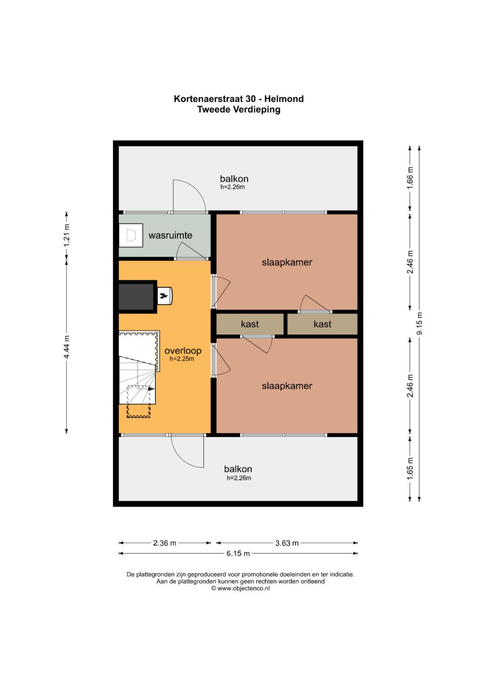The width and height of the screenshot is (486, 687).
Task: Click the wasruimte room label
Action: [170, 235]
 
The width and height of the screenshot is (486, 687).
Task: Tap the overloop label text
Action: [183, 350]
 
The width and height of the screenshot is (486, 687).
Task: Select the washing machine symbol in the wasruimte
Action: [130, 235]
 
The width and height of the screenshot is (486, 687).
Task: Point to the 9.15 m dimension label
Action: [420, 324]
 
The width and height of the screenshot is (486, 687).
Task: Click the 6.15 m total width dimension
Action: [238, 553]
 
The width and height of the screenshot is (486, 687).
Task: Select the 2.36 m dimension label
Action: [164, 543]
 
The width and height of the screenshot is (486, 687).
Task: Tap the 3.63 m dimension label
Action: [287, 543]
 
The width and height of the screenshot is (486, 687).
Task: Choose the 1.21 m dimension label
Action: [67, 235]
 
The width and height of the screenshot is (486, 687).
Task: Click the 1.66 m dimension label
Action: [410, 178]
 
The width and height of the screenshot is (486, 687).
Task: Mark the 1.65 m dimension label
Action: [410, 468]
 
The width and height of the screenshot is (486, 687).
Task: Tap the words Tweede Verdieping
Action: [238, 109]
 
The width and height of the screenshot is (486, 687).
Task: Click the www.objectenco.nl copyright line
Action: [240, 588]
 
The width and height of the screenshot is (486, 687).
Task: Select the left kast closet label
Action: [250, 324]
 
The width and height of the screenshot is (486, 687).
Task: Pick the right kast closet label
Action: [323, 324]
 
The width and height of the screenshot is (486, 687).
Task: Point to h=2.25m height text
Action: [182, 359]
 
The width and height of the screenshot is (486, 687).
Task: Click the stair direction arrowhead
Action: [152, 389]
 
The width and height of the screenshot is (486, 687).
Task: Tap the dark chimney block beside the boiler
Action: [136, 296]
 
